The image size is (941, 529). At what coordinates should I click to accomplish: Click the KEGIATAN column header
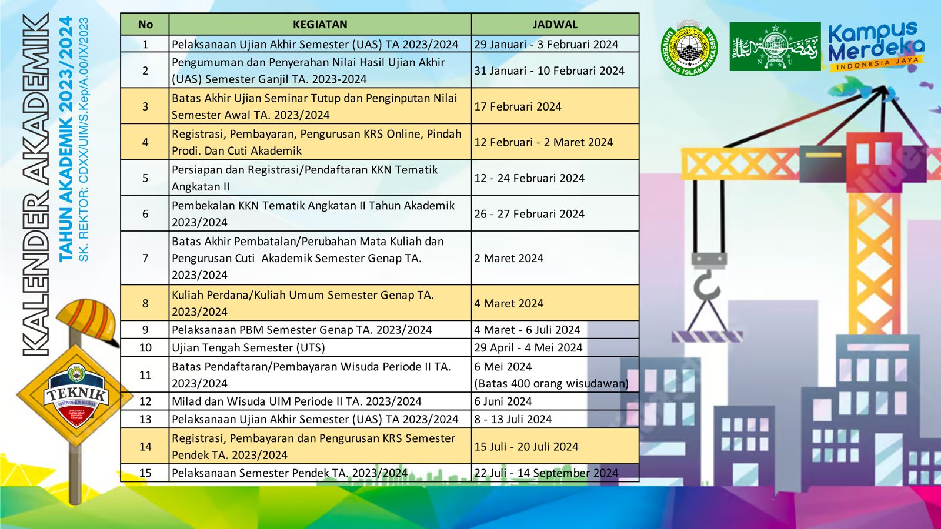click(x=320, y=24)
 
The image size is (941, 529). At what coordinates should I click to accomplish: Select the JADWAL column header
click(x=555, y=24)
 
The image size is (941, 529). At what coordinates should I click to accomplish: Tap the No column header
click(x=145, y=24)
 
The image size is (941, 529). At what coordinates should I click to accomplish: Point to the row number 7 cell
click(x=145, y=258)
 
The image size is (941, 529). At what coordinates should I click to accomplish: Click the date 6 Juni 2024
click(x=503, y=401)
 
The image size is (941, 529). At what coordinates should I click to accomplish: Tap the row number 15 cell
click(x=145, y=473)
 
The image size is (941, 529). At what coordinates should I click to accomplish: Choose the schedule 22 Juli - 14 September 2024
click(x=546, y=473)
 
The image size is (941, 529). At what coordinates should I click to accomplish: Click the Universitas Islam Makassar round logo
click(x=689, y=48)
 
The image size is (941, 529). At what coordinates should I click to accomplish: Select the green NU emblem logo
click(x=775, y=46)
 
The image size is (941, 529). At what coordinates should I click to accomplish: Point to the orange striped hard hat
click(x=88, y=321)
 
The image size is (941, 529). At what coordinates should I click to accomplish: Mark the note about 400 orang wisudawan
click(x=552, y=383)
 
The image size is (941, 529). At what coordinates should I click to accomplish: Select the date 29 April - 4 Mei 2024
click(x=529, y=347)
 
